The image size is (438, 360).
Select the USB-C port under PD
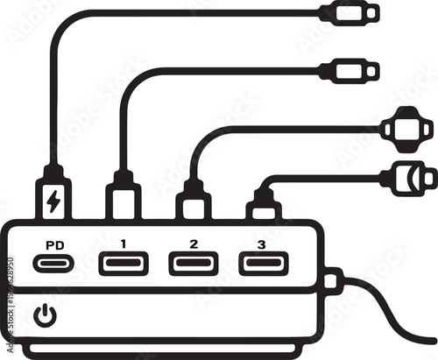53,263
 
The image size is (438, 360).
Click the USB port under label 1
124,263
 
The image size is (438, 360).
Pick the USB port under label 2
194,263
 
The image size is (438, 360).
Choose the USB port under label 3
263,263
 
